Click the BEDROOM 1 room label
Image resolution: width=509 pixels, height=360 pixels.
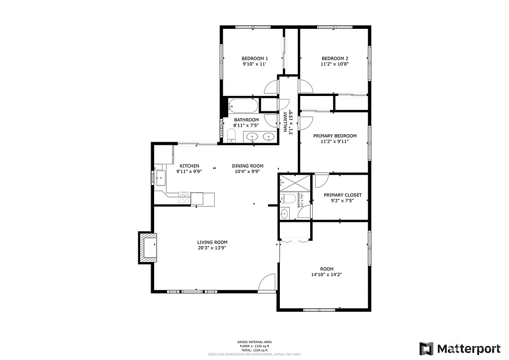pos(254,58)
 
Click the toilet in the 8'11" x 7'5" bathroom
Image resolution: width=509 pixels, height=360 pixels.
pos(231,136)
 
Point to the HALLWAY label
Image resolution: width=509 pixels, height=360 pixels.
pos(285,122)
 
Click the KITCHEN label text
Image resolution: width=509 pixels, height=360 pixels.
pos(189,166)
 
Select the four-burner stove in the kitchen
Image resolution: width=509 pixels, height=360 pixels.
pos(184,198)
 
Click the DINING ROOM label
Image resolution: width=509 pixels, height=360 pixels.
pos(248,166)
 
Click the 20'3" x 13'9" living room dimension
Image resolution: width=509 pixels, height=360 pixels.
pos(212,248)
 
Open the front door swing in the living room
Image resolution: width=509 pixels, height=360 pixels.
pos(267,282)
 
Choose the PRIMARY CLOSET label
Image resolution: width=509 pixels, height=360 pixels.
pos(342,195)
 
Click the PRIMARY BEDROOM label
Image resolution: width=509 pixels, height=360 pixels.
pos(335,136)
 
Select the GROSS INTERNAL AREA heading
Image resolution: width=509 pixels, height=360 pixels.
pos(254,342)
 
